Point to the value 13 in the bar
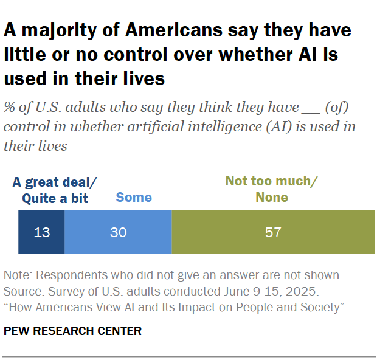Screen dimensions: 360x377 coord(41,232)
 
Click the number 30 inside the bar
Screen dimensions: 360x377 coord(118,232)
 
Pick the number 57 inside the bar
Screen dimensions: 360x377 coord(273,232)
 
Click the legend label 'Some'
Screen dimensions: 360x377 coord(134,197)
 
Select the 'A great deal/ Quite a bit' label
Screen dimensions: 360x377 coord(55,190)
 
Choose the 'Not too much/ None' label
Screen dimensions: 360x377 coord(272,189)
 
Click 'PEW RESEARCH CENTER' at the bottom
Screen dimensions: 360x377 coord(72,331)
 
